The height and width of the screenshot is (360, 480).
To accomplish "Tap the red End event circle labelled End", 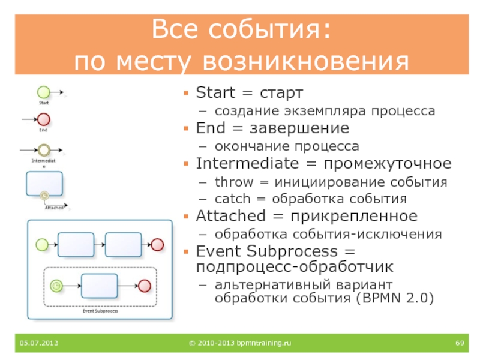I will [x=43, y=119].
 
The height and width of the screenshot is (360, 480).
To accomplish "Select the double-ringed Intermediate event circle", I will [x=43, y=149].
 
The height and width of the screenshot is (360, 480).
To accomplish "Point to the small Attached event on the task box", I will [x=43, y=195].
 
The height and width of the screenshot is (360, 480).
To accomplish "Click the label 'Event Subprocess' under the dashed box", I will [x=100, y=311].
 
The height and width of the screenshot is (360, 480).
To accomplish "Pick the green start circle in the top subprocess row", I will [x=41, y=244].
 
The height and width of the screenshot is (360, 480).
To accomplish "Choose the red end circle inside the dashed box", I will [x=145, y=286].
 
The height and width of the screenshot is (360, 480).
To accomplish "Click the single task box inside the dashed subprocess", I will [x=99, y=286].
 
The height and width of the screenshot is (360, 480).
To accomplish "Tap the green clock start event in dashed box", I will [x=56, y=286].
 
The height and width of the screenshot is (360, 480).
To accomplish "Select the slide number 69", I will [x=460, y=343].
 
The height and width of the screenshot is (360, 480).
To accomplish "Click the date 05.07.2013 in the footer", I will [x=38, y=343].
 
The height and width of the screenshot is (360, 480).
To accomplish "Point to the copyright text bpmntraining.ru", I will [x=240, y=343].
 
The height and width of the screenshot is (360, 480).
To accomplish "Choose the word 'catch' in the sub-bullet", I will [x=232, y=199].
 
